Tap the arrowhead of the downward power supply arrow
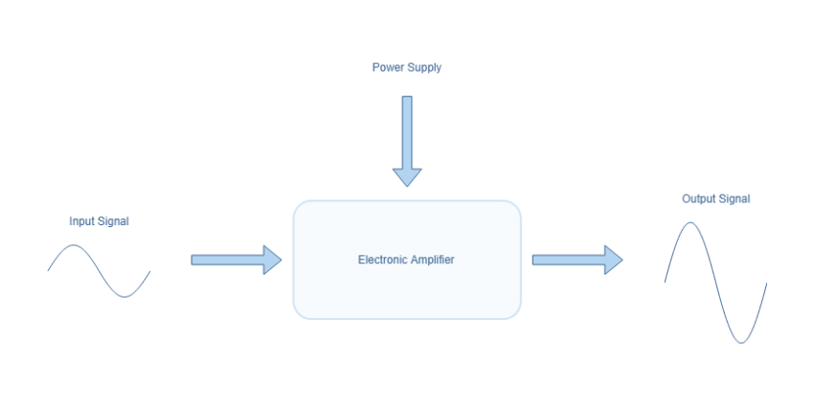407,176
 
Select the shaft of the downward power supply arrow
407,129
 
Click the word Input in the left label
81,221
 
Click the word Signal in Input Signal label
112,221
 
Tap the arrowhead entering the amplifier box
273,260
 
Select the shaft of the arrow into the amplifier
226,260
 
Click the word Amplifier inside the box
431,260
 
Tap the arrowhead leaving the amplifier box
614,260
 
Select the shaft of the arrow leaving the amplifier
567,260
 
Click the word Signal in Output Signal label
734,199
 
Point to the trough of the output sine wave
741,342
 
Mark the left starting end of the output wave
666,282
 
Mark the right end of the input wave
150,271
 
